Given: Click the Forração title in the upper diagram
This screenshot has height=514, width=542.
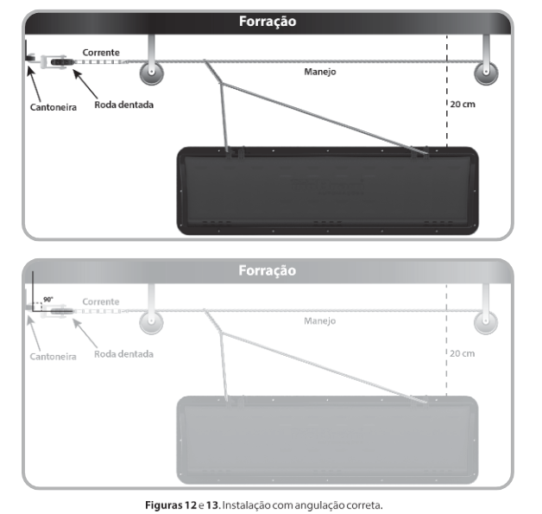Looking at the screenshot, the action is [x=268, y=22].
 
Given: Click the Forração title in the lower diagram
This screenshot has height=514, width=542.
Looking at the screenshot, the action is [x=268, y=270].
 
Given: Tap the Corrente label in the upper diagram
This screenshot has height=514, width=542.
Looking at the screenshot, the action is [x=101, y=53].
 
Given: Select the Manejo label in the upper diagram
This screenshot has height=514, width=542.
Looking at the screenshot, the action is [x=320, y=72].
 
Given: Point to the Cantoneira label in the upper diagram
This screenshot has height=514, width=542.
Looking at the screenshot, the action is [x=54, y=107].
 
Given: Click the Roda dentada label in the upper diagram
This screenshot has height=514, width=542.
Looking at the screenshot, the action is [x=123, y=105].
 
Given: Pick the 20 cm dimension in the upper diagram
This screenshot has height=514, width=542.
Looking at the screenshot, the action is [x=463, y=105].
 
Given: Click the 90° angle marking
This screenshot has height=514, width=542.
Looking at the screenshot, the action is [x=48, y=299].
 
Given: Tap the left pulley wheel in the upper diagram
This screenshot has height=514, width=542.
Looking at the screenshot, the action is [x=151, y=73].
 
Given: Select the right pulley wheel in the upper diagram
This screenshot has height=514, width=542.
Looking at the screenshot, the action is [x=486, y=73].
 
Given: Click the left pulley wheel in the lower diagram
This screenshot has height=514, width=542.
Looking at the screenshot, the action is [x=151, y=322].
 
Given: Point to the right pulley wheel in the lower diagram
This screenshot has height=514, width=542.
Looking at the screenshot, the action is [x=486, y=322].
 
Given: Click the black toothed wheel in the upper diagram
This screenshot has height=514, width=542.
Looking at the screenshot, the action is [x=62, y=62].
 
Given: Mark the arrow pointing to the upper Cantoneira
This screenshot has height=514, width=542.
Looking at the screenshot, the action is [x=34, y=84].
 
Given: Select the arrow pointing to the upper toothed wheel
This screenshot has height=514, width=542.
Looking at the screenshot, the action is [x=85, y=84].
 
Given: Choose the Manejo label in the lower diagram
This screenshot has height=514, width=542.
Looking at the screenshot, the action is [x=319, y=321].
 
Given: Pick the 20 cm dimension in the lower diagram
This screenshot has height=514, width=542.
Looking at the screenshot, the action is [x=462, y=353].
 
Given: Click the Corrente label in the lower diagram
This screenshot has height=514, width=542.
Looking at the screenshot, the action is [x=101, y=301].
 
